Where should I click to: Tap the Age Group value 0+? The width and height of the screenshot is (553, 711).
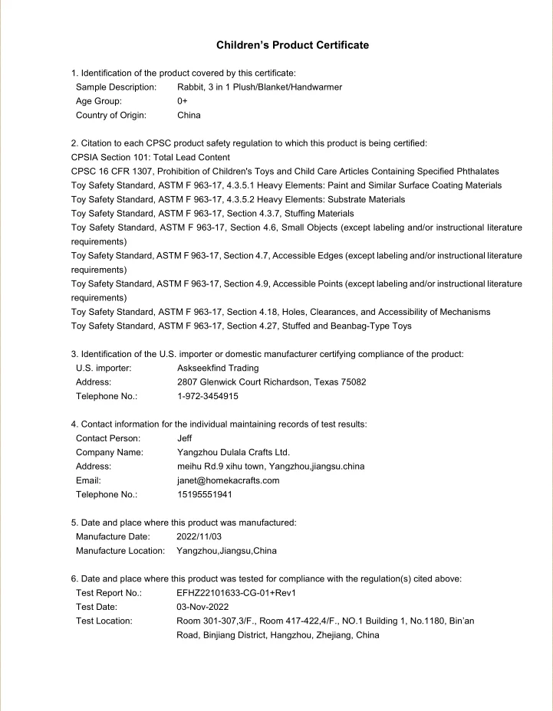click(183, 101)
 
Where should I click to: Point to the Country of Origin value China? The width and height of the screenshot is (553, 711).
click(189, 115)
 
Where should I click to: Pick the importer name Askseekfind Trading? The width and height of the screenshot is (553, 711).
click(218, 368)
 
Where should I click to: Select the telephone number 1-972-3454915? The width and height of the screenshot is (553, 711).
click(207, 396)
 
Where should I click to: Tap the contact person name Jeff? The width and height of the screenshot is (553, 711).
click(184, 438)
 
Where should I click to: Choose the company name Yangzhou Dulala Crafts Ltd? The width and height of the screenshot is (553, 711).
click(233, 452)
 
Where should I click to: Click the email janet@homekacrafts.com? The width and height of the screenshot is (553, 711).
click(228, 480)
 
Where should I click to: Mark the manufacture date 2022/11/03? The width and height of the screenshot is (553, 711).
click(202, 536)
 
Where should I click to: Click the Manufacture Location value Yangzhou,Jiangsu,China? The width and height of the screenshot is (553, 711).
click(226, 550)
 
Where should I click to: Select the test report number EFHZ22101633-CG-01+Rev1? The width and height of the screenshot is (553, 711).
click(236, 592)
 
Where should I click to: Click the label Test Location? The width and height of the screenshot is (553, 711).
click(104, 621)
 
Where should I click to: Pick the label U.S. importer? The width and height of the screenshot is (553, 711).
click(104, 368)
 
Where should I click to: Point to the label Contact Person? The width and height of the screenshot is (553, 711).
click(108, 438)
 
